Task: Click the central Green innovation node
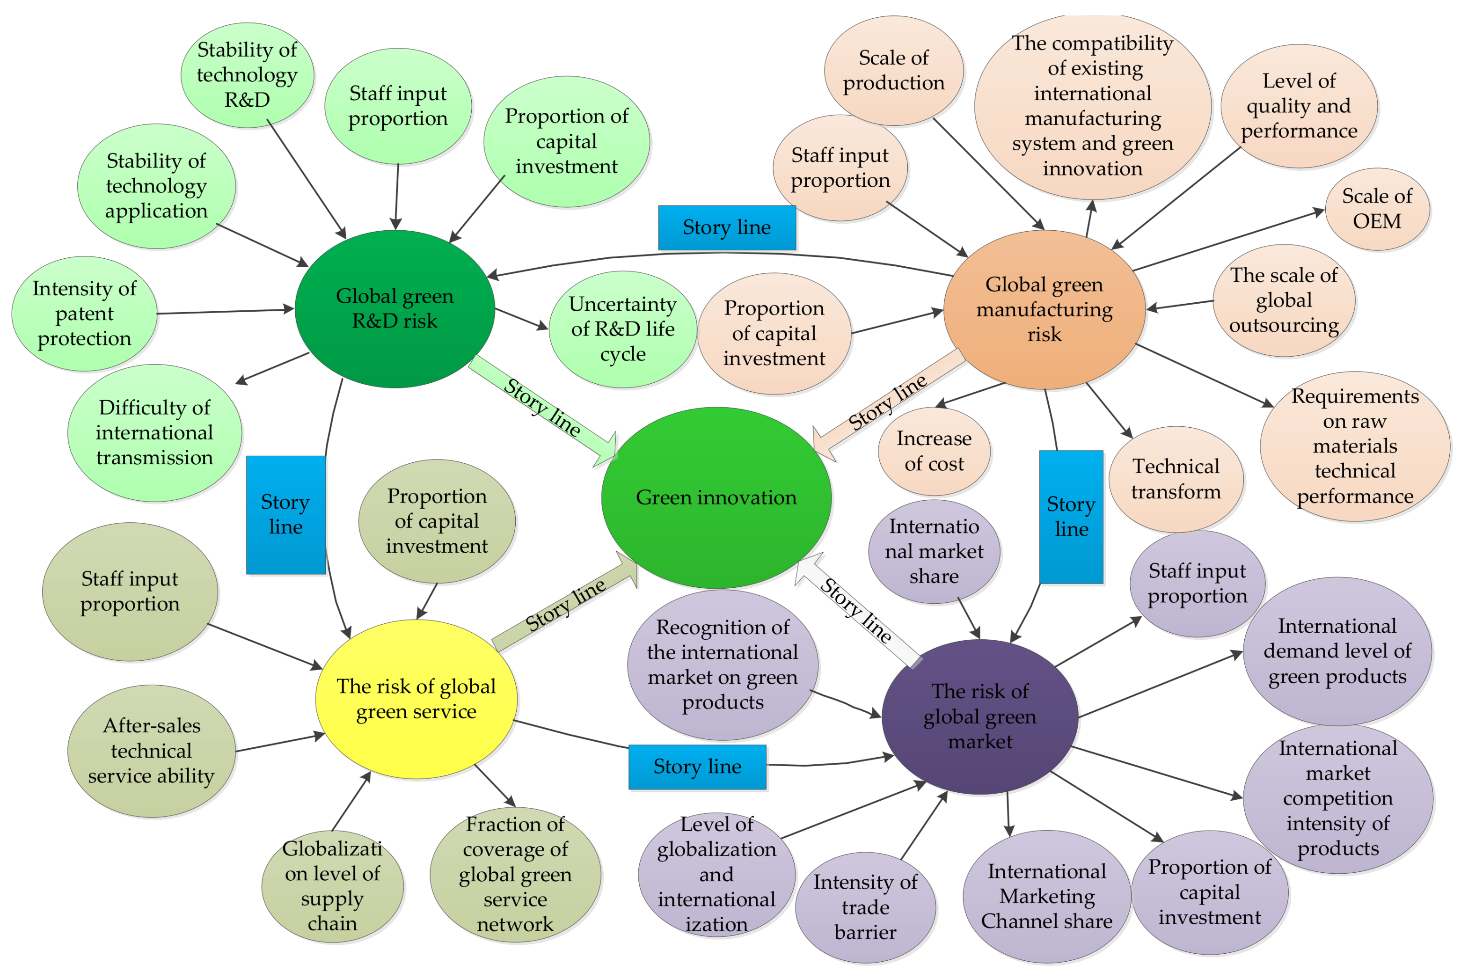[716, 497]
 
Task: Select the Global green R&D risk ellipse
[394, 308]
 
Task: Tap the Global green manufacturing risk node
[1044, 309]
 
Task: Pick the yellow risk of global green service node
[416, 699]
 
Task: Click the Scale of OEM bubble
[1377, 209]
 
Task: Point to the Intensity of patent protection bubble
[84, 314]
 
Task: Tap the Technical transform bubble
[1176, 479]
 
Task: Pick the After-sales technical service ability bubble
[151, 751]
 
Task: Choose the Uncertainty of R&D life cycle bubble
[622, 329]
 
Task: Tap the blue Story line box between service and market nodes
[697, 766]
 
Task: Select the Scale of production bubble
[893, 70]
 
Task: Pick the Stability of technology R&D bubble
[247, 75]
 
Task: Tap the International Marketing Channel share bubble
[1047, 896]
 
